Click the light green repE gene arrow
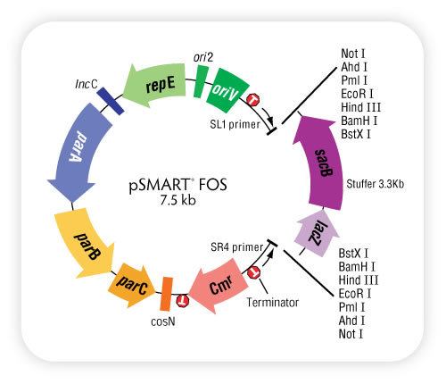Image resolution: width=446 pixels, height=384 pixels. coord(156,85)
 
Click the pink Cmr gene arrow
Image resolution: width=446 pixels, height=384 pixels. coord(219,287)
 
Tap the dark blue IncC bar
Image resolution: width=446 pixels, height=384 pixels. coord(111,101)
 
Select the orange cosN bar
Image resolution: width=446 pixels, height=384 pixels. coord(166,294)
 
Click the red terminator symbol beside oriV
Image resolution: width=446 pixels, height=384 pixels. coord(253,100)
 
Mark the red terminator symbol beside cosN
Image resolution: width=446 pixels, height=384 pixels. coord(182,301)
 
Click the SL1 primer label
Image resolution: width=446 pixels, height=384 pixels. coord(235,124)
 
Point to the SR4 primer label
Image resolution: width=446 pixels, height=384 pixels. coord(236,247)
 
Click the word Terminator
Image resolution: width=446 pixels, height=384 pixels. coord(273,303)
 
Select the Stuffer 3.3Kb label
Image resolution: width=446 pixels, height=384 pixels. coord(376,184)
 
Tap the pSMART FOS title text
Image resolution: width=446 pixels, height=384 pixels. coord(178,185)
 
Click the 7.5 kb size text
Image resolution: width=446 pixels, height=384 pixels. coord(178,200)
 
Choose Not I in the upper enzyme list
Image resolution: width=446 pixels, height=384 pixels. coord(353,54)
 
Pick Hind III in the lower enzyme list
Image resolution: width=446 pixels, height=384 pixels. coord(359,280)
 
